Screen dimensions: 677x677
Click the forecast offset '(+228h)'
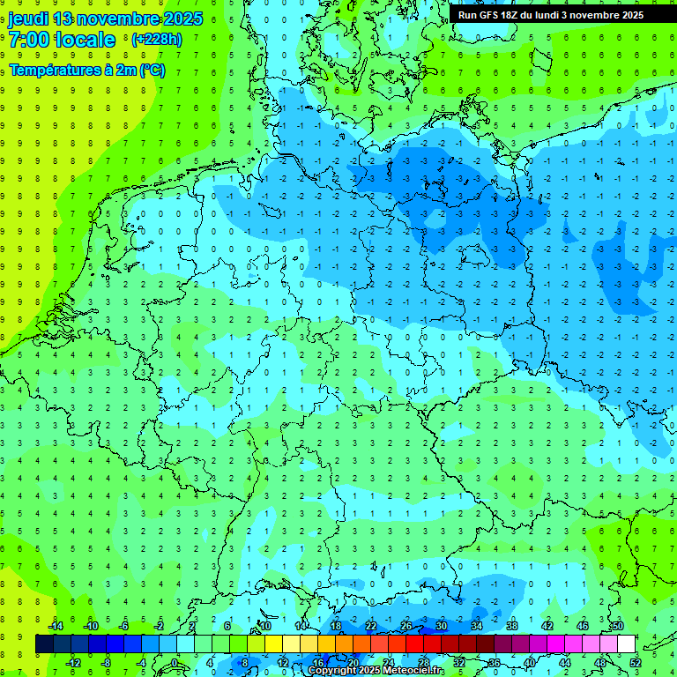[x=157, y=40]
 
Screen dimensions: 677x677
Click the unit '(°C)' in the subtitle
[x=152, y=70]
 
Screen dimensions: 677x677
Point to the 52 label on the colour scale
[x=636, y=662]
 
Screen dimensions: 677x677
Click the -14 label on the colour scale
[x=56, y=626]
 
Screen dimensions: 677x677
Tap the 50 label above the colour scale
[x=617, y=626]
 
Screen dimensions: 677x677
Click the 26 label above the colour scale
[x=406, y=626]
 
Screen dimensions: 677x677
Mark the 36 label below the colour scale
[x=495, y=662]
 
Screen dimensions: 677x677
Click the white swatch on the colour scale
[x=626, y=644]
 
